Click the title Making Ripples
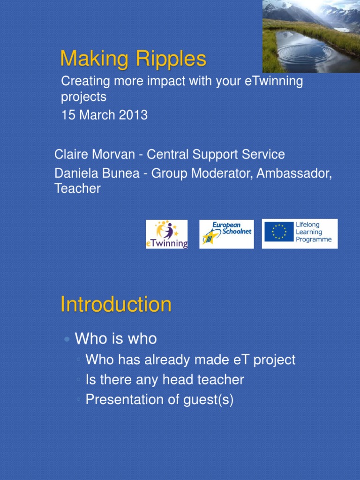click(133, 59)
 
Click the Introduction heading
click(116, 305)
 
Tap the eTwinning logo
click(166, 234)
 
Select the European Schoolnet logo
click(226, 234)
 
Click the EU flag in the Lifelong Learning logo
click(278, 232)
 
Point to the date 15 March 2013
click(104, 115)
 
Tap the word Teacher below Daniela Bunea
click(77, 188)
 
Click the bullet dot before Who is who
click(67, 339)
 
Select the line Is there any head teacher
click(165, 380)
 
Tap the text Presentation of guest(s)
click(159, 400)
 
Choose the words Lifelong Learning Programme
click(313, 232)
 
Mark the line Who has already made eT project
click(190, 360)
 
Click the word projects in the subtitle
click(83, 97)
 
